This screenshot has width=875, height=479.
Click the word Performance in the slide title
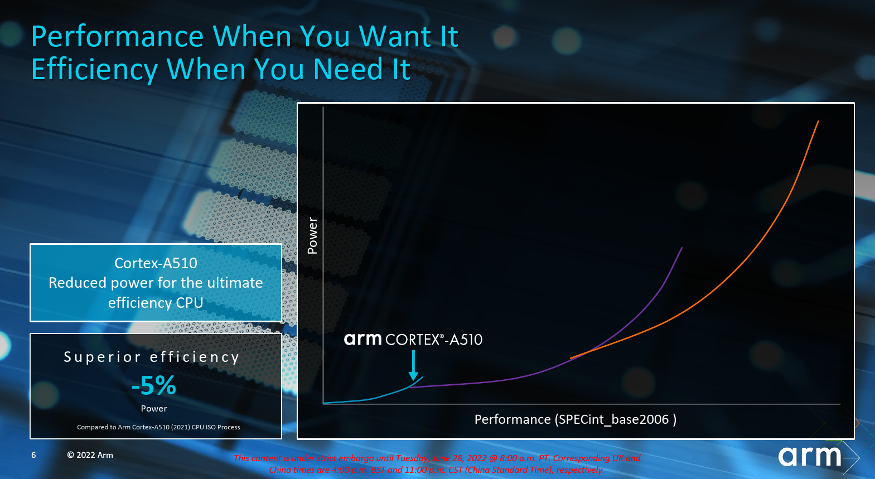118,36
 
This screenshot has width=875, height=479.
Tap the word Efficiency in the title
94,70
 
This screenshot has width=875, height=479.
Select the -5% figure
153,386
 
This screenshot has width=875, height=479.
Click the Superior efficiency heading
152,357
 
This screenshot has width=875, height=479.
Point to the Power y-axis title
312,235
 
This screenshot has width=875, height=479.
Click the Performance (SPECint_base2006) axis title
576,419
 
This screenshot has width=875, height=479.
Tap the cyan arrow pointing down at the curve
413,365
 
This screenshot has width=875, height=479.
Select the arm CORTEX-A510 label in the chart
413,339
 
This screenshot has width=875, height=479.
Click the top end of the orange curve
818,121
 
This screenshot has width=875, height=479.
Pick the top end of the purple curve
682,248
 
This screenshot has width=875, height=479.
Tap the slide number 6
33,455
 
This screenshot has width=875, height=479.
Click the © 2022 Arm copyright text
90,455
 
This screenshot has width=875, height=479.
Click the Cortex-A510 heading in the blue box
156,263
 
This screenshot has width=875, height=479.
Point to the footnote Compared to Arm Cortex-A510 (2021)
158,427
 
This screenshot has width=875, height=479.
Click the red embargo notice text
437,464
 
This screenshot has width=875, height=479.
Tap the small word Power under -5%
154,408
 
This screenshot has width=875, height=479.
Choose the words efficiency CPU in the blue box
156,303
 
